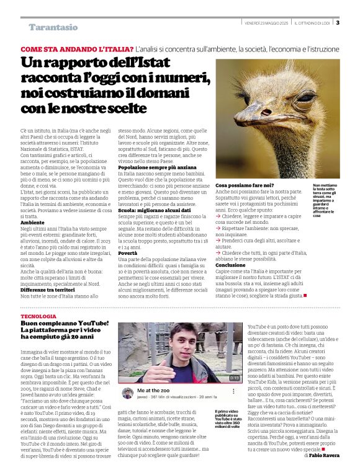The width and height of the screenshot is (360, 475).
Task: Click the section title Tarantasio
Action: (x=53, y=27)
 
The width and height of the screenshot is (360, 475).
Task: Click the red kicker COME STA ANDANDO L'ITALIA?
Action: (x=77, y=48)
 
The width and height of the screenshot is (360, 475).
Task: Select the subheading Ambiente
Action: (x=32, y=221)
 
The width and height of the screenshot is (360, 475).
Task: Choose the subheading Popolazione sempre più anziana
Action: (x=157, y=167)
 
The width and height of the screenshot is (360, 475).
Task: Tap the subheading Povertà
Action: (x=128, y=253)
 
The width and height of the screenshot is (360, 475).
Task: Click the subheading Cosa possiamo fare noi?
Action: (x=245, y=185)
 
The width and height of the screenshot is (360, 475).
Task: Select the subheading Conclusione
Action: (x=232, y=264)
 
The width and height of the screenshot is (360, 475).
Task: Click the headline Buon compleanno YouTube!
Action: (x=65, y=324)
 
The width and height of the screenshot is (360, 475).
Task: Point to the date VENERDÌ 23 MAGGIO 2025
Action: (x=266, y=23)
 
